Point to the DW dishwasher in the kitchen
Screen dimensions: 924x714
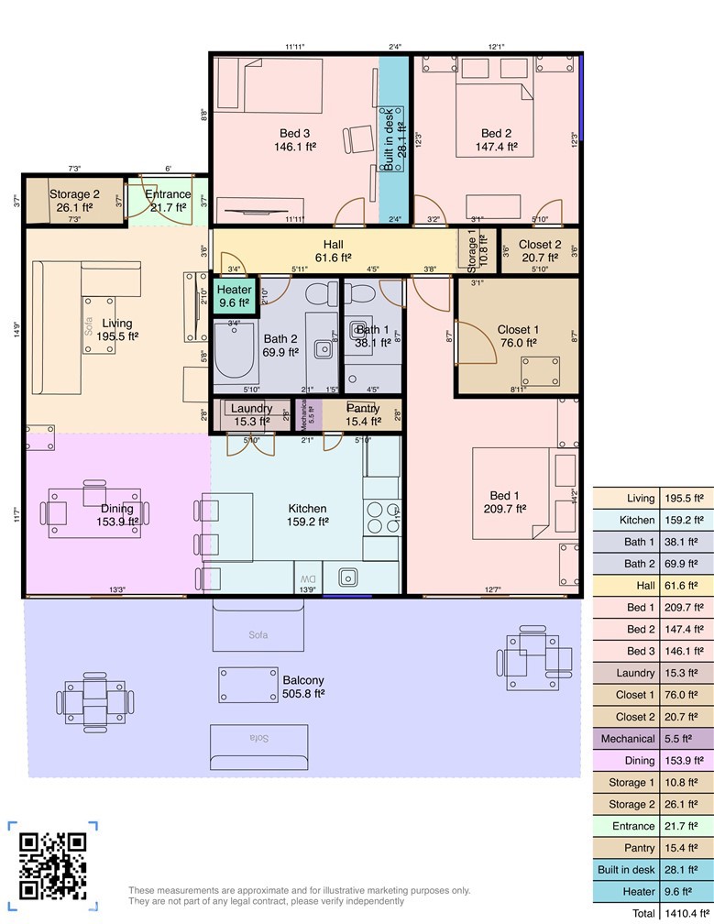tap(306, 579)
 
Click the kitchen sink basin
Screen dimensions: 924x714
tap(348, 577)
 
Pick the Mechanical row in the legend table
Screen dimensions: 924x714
tap(653, 738)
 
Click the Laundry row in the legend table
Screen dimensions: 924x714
tap(653, 673)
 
